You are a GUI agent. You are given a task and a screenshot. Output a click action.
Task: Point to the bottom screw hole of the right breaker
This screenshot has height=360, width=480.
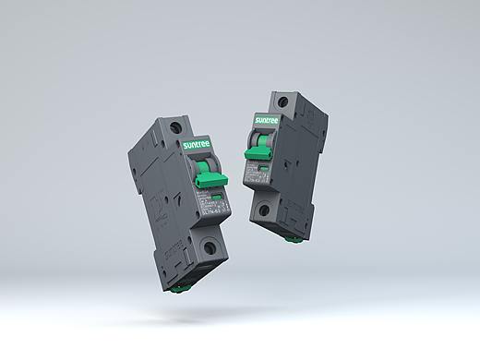click(264, 211)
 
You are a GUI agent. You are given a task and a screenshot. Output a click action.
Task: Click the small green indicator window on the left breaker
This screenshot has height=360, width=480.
click(218, 198)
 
